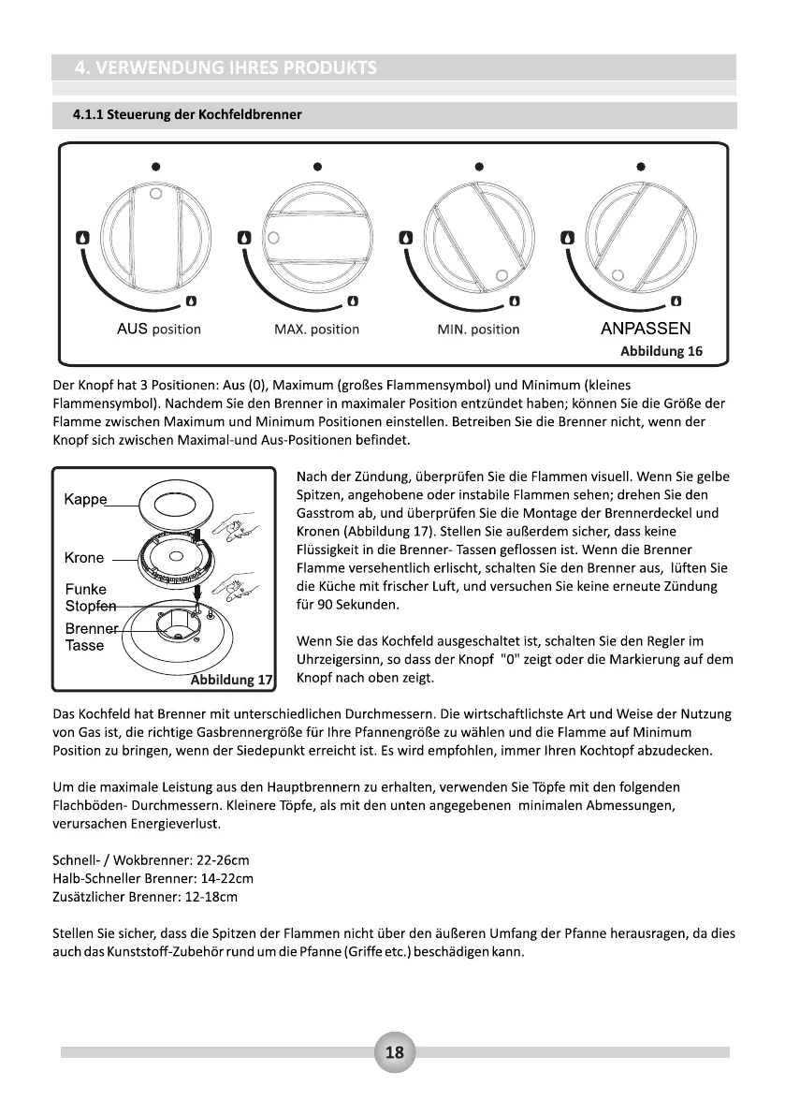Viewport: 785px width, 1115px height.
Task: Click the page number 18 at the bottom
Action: (x=394, y=1052)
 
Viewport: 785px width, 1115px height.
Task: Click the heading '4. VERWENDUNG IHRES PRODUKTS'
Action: (x=225, y=67)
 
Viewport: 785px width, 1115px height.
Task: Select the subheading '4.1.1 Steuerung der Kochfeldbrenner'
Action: (x=187, y=115)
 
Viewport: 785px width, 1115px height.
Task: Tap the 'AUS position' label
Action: (x=158, y=330)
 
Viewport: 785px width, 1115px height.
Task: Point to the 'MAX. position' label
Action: (x=316, y=330)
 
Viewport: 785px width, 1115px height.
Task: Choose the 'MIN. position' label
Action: (x=478, y=330)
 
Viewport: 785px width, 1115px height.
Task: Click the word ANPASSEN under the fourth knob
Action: (x=645, y=329)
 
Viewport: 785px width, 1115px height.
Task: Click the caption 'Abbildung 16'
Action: (x=661, y=351)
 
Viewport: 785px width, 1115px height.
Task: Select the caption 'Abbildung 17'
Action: (x=231, y=680)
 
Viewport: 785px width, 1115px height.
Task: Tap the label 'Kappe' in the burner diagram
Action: (x=85, y=499)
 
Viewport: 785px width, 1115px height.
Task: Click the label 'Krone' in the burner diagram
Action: (x=84, y=558)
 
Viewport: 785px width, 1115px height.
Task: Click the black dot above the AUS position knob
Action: (x=157, y=167)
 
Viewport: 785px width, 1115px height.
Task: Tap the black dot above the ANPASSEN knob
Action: (x=640, y=167)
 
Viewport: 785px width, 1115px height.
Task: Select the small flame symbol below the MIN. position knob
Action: (x=514, y=301)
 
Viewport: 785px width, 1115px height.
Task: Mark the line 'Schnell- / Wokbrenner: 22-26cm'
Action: (x=151, y=859)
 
